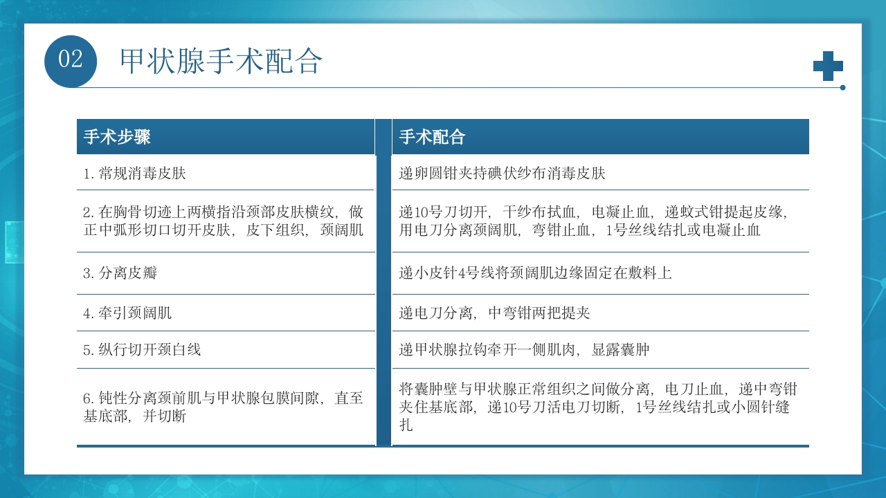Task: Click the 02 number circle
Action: tap(70, 61)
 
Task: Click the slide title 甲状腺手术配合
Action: tap(221, 61)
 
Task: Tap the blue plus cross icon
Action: tap(828, 66)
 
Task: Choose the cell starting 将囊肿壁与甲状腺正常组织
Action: tap(599, 407)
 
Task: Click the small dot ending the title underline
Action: tap(842, 88)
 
